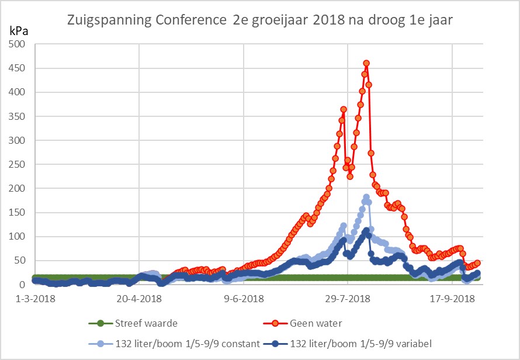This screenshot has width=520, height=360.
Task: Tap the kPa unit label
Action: click(18, 30)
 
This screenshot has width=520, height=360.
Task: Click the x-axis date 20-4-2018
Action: click(139, 299)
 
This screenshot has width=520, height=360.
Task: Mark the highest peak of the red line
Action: click(366, 63)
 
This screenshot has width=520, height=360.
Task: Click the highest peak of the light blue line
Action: click(366, 198)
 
